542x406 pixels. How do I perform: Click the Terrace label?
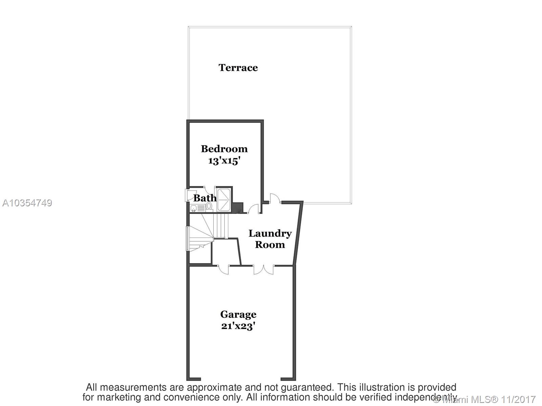(238, 68)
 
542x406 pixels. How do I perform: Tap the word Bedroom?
(224, 149)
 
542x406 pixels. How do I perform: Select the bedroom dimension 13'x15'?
(224, 160)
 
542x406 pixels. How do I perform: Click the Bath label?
(205, 198)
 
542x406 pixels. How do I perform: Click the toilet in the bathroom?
(209, 206)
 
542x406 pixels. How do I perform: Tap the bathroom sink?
(194, 208)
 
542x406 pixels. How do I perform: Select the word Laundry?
(270, 233)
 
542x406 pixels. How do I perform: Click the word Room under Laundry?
(270, 245)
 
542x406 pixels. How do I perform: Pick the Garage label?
(238, 314)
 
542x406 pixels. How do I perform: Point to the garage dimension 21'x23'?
(238, 326)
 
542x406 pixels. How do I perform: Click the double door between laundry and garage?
(264, 269)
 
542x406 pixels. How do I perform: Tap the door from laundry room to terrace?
(275, 199)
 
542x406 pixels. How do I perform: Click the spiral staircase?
(201, 233)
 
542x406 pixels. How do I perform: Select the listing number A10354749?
(27, 203)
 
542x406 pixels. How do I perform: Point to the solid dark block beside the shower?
(238, 207)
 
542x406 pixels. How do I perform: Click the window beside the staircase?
(187, 239)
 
